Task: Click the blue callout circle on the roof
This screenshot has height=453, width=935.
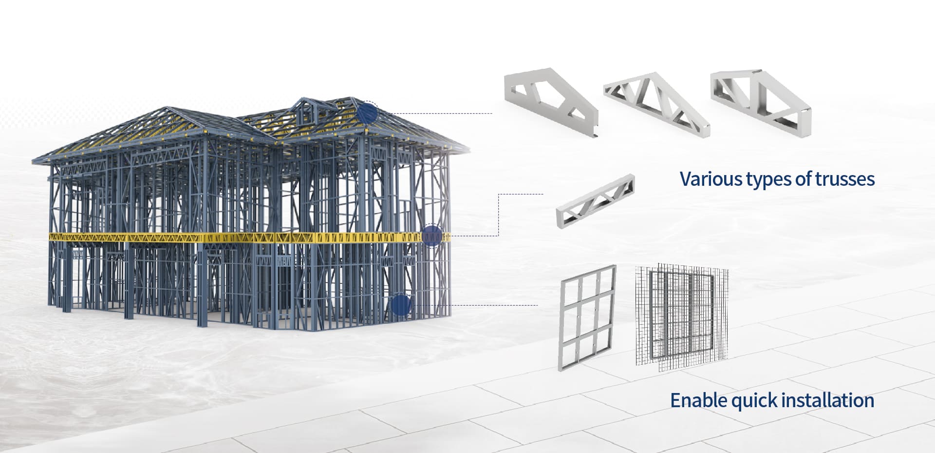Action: (x=368, y=113)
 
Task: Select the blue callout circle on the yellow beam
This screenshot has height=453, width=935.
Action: (x=431, y=236)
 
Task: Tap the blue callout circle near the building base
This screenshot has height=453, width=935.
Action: (x=401, y=305)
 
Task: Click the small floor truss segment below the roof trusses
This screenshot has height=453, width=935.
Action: (x=595, y=200)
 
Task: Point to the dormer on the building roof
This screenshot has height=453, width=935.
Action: (x=303, y=111)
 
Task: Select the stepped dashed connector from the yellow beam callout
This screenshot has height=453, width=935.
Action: (x=498, y=215)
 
